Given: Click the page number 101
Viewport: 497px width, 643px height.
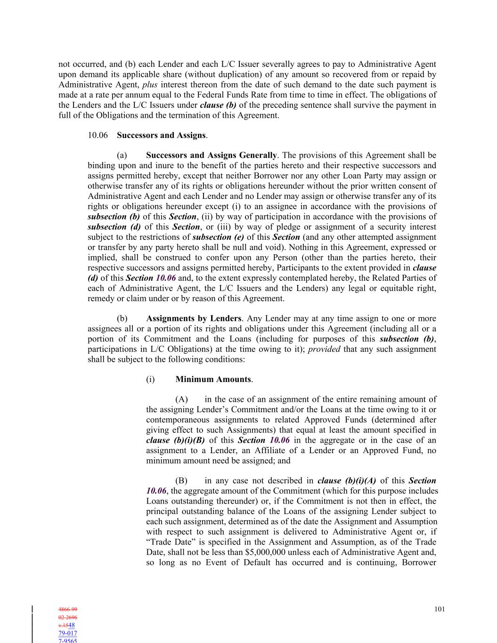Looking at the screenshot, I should (x=440, y=609).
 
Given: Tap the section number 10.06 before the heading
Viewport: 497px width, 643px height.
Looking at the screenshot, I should (x=98, y=135).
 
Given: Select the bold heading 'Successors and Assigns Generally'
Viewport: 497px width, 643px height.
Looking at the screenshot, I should (x=211, y=155).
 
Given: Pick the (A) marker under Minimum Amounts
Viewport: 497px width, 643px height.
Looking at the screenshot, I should (x=181, y=399).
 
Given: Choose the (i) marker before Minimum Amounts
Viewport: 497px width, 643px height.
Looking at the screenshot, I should (x=150, y=379).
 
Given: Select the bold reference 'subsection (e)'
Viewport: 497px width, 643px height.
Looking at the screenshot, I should (x=218, y=237).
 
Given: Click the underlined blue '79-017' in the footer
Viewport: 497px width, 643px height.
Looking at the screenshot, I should (x=68, y=633).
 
